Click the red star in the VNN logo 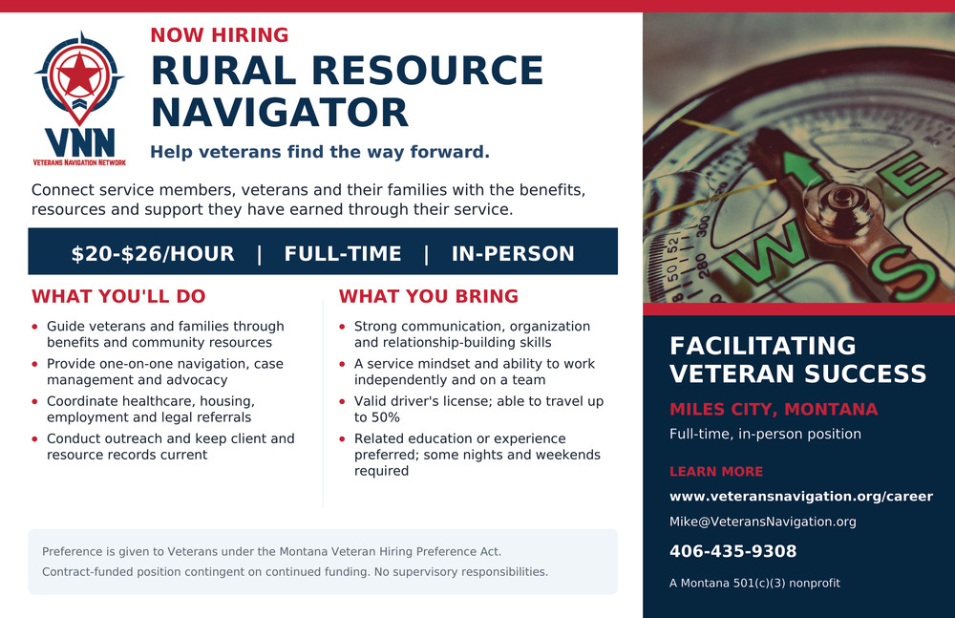point(80,75)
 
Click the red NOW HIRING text point(220,35)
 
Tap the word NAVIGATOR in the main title point(280,113)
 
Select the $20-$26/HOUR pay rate point(153,253)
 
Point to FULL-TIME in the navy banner point(343,253)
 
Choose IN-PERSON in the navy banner point(513,253)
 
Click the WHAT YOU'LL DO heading point(118,296)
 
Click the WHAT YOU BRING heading point(429,296)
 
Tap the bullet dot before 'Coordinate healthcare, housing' point(34,401)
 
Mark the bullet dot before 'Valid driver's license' point(342,401)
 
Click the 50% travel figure point(385,417)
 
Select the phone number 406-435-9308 point(732,551)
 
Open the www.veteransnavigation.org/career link point(801,496)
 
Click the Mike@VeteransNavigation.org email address point(762,522)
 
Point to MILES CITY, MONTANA point(774,409)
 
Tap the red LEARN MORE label point(716,471)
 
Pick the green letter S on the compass point(902,273)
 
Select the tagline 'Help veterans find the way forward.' point(320,152)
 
